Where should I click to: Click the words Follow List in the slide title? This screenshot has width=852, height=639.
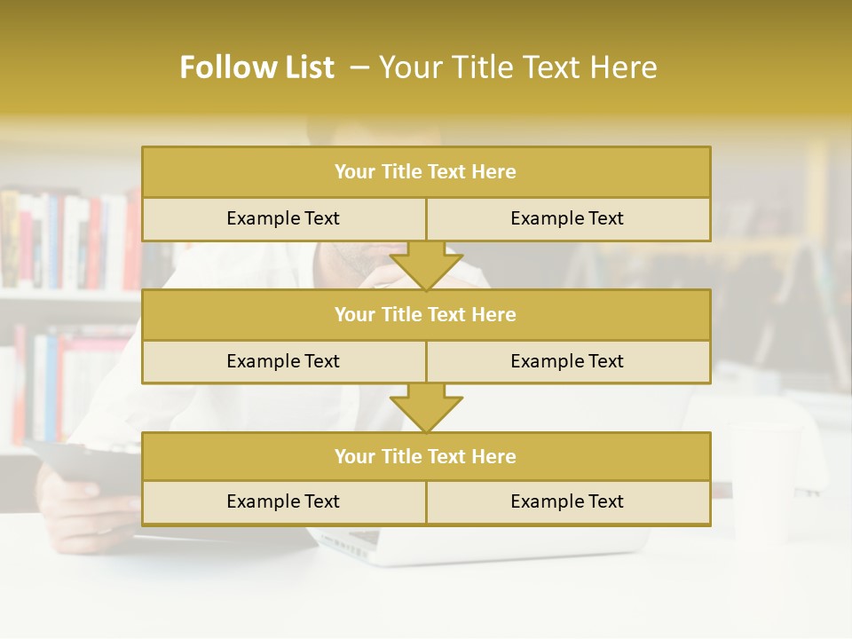point(256,67)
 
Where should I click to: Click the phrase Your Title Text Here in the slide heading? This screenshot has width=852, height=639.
point(517,67)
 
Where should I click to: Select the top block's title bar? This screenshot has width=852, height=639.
point(425,172)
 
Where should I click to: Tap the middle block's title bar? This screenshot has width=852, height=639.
point(425,314)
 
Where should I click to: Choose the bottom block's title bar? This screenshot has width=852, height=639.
point(425,456)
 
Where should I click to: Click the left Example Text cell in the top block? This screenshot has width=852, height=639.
point(283,218)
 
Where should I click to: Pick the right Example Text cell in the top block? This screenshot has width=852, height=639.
point(567,218)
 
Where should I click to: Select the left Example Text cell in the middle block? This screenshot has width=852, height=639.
point(283,361)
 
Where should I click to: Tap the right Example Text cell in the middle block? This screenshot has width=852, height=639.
point(567,361)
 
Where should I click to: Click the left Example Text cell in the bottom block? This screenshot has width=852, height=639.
point(283,501)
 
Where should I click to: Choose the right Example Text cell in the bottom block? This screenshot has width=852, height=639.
point(567,501)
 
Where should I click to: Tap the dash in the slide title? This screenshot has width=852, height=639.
point(359,67)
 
